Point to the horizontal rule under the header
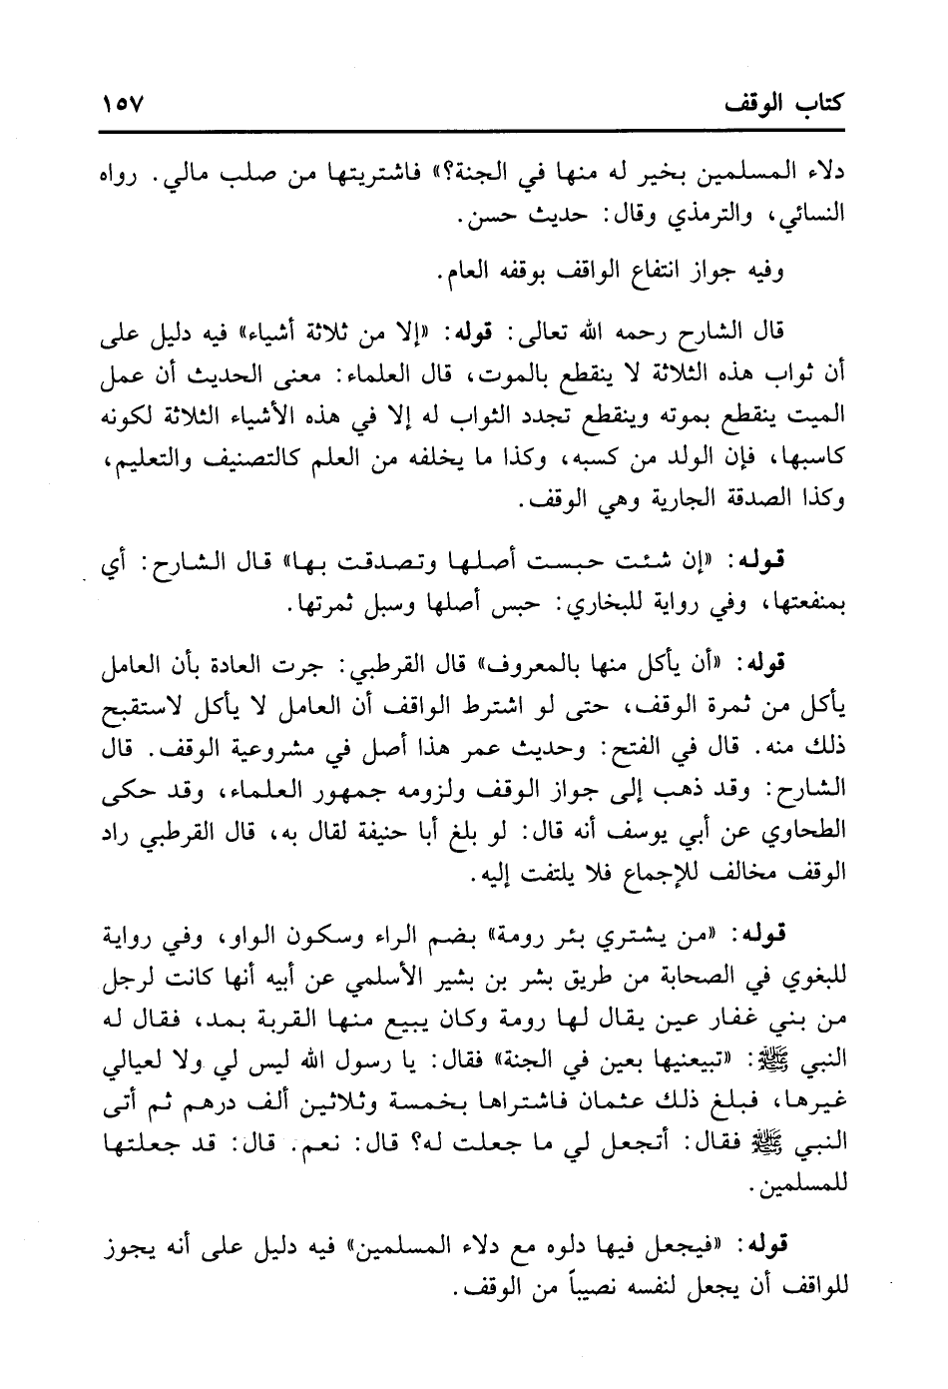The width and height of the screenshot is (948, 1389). (473, 130)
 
